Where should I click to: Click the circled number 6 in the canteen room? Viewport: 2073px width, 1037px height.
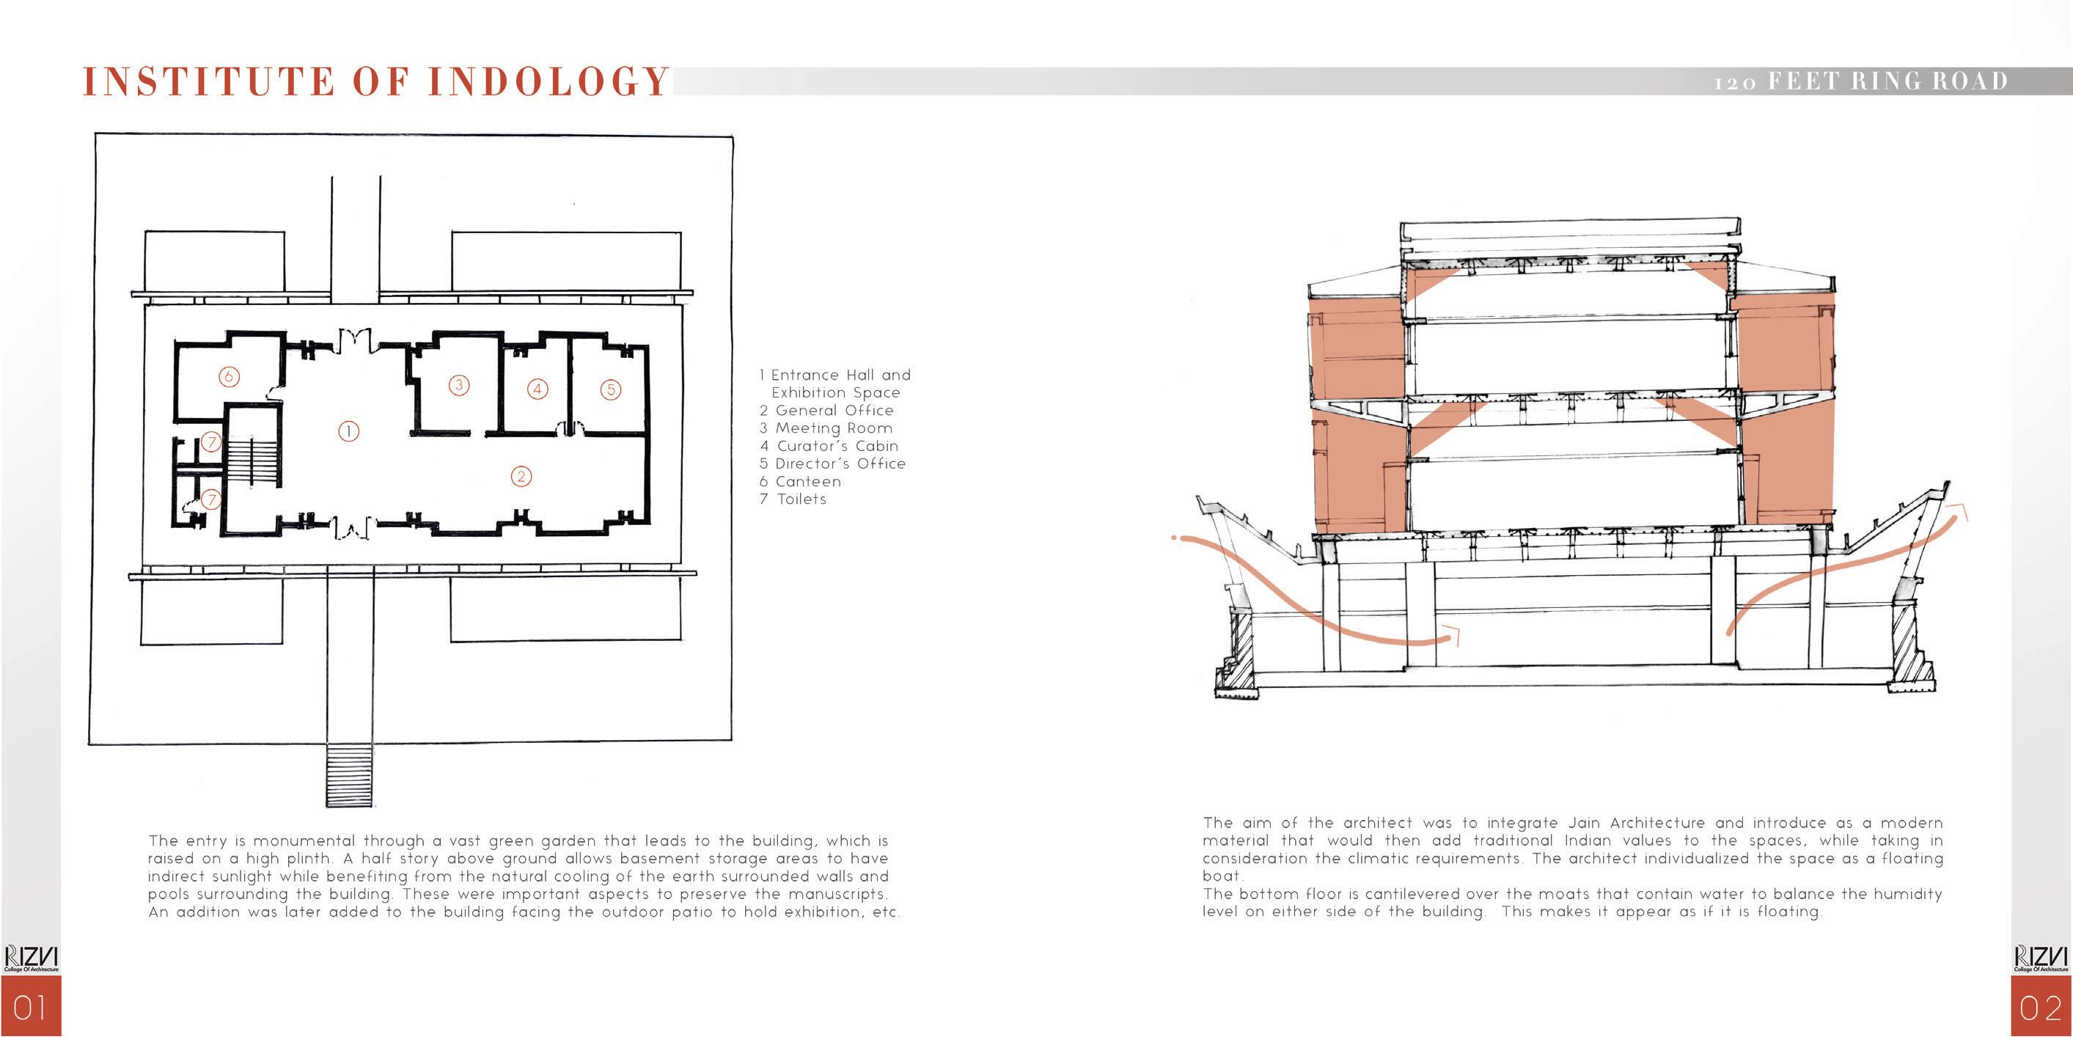[x=230, y=376]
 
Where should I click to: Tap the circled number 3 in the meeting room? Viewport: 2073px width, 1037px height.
[x=459, y=385]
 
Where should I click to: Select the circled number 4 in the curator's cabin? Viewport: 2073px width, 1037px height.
[x=537, y=389]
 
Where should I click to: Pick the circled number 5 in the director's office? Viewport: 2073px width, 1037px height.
[x=611, y=389]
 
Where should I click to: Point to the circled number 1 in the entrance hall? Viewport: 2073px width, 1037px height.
[x=348, y=431]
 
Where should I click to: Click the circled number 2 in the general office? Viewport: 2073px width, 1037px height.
[x=521, y=477]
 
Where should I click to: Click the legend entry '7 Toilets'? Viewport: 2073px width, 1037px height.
[x=793, y=499]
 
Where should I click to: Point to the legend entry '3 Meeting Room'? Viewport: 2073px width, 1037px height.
[x=826, y=428]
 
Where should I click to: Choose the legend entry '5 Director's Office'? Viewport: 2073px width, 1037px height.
[x=832, y=463]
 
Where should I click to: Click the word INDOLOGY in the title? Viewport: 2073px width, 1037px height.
[x=548, y=82]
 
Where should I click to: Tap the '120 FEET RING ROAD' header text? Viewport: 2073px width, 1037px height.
[x=1860, y=81]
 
